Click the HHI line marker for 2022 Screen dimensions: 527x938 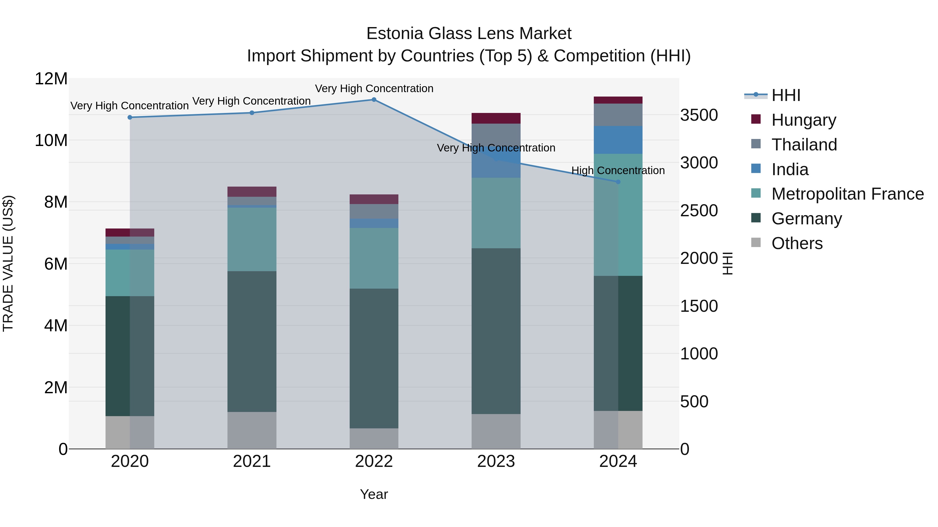[374, 100]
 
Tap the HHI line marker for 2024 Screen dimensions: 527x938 [618, 182]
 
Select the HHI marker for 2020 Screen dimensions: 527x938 [130, 117]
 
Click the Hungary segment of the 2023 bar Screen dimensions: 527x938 [496, 118]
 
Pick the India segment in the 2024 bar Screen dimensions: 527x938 [618, 140]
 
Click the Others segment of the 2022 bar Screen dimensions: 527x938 [374, 438]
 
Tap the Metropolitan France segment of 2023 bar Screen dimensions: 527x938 [496, 213]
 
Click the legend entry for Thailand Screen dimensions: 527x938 [804, 145]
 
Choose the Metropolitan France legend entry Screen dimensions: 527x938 [847, 194]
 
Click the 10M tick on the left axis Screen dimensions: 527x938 [51, 140]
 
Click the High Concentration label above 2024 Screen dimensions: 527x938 [618, 170]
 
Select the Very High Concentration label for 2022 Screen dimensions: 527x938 [374, 88]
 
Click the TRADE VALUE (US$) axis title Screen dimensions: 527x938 [8, 263]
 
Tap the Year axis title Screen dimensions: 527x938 [374, 494]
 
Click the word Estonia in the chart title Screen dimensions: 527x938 [395, 34]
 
